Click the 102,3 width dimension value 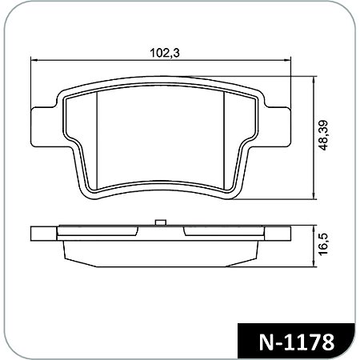[x=162, y=53]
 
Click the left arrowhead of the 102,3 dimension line [x=33, y=62]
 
